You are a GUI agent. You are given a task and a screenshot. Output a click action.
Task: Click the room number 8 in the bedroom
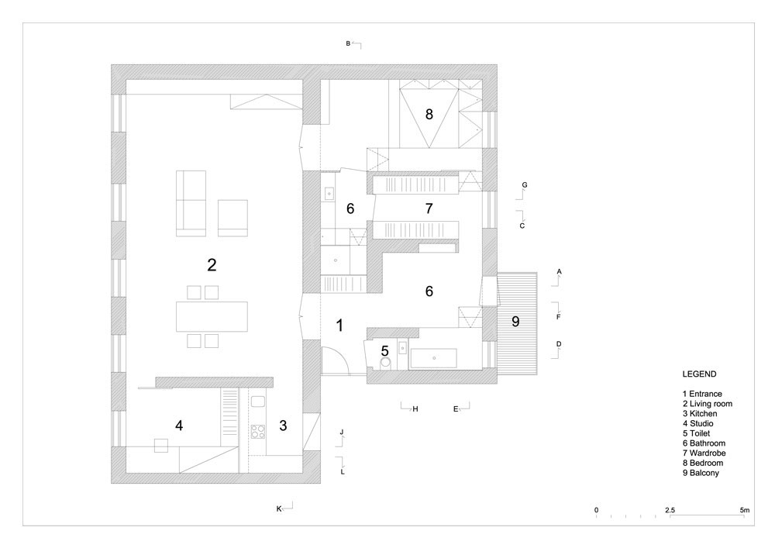[x=429, y=115]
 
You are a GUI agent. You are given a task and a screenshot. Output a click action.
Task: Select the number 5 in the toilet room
[x=384, y=350]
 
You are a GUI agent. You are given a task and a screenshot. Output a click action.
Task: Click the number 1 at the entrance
[x=339, y=326]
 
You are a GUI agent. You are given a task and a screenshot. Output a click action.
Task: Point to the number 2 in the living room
[x=211, y=265]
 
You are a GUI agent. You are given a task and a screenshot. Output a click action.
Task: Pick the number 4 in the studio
[x=179, y=425]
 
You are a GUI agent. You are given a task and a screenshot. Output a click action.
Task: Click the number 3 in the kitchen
[x=283, y=425]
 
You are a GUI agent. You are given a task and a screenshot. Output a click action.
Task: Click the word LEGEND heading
[x=700, y=374]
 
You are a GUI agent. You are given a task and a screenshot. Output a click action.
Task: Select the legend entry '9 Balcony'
[x=701, y=472]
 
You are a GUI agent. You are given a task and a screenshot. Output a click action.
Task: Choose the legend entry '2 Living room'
[x=708, y=404]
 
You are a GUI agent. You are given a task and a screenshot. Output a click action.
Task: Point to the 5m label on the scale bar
[x=744, y=510]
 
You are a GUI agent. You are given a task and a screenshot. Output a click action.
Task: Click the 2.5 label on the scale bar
[x=670, y=510]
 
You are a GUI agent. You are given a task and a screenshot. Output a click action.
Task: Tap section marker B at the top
[x=349, y=44]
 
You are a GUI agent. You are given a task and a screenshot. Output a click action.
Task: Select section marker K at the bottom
[x=279, y=508]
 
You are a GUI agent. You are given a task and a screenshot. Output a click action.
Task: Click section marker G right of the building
[x=525, y=185]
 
